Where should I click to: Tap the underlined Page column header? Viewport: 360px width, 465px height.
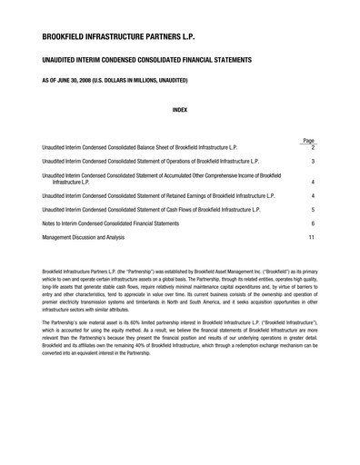pyautogui.click(x=309, y=141)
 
